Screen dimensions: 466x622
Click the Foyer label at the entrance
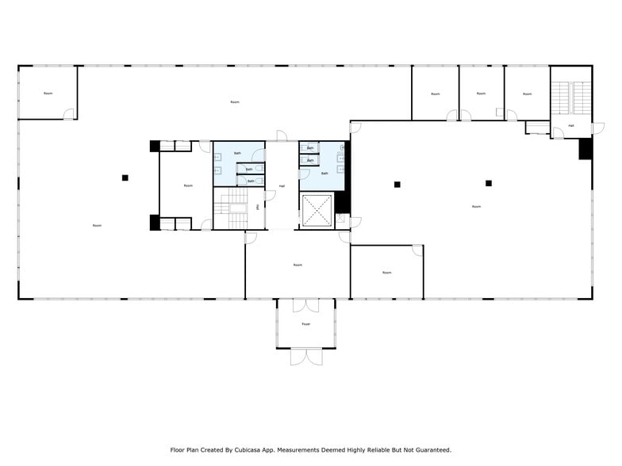click(x=305, y=324)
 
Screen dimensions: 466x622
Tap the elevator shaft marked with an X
click(x=317, y=210)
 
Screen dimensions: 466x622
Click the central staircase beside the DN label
click(x=234, y=210)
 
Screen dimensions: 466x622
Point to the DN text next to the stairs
click(x=258, y=207)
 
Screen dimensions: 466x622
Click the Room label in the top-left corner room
click(x=48, y=94)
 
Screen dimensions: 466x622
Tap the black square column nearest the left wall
click(x=125, y=178)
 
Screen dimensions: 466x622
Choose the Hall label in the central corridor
click(x=282, y=186)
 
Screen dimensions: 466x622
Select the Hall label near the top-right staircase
click(x=570, y=126)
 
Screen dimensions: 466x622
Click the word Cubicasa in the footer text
click(x=251, y=449)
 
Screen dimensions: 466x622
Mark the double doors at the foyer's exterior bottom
click(x=306, y=357)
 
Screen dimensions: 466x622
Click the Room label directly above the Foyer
click(x=298, y=265)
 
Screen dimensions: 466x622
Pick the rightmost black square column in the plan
click(x=489, y=183)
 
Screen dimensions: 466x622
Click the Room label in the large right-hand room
click(x=476, y=207)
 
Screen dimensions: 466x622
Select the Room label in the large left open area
click(x=97, y=226)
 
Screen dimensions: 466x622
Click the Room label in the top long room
click(x=235, y=102)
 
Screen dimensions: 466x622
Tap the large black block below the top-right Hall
click(x=586, y=148)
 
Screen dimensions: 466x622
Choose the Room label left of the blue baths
click(x=188, y=185)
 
